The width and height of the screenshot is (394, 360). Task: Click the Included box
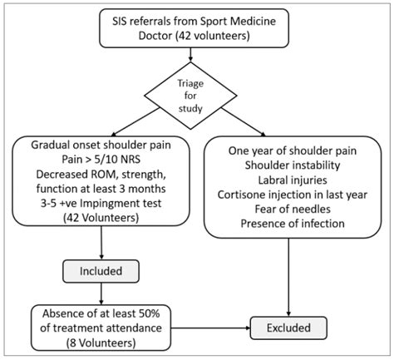click(101, 271)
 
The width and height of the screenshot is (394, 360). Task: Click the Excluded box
click(288, 328)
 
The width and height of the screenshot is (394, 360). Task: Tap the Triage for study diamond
click(190, 96)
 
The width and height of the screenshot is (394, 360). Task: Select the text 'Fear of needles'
click(293, 209)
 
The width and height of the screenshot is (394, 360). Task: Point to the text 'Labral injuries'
click(293, 180)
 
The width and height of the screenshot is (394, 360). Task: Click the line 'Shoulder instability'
click(293, 165)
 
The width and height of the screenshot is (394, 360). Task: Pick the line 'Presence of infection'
click(293, 224)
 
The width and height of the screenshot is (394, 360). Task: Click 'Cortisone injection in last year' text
click(293, 195)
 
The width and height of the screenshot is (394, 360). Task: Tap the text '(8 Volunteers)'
click(101, 343)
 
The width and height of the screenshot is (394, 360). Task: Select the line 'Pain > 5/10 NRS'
click(101, 160)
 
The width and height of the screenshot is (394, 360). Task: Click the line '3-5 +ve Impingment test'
click(101, 203)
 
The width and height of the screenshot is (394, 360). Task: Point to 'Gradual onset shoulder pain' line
click(101, 145)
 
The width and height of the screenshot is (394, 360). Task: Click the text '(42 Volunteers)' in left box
click(101, 218)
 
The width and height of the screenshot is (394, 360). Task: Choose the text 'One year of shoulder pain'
click(293, 151)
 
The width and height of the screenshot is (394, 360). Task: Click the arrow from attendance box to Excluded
click(210, 328)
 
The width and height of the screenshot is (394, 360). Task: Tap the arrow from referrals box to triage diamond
click(190, 55)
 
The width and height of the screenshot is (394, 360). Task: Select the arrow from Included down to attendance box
click(101, 293)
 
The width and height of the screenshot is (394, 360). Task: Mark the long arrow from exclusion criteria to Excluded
click(288, 277)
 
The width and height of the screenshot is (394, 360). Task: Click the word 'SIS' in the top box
click(119, 22)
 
